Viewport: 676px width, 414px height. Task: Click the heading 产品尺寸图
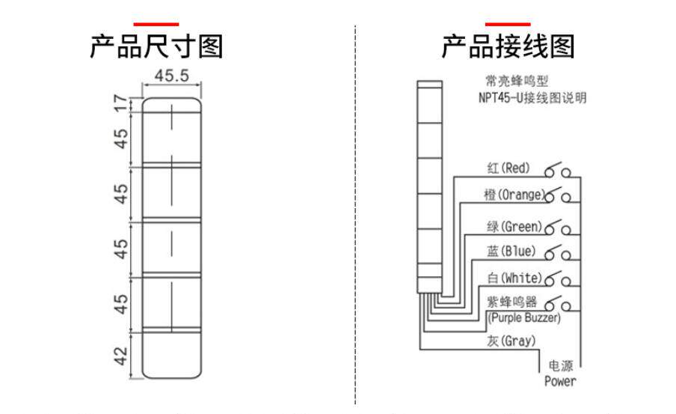[156, 46]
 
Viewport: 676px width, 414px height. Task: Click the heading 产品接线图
[508, 46]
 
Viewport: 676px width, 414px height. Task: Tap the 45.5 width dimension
[171, 76]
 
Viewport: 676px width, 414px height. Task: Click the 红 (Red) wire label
[507, 168]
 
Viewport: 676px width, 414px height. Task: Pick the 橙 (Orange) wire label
[514, 195]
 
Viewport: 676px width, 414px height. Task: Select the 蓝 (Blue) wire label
[511, 251]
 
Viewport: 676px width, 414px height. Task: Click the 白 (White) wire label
[514, 278]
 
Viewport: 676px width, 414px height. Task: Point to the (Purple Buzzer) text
[523, 318]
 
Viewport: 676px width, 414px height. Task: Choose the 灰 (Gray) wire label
[511, 341]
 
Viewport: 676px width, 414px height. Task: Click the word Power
[560, 381]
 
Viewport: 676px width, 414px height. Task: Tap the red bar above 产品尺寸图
[156, 24]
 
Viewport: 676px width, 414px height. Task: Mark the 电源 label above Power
[561, 366]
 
